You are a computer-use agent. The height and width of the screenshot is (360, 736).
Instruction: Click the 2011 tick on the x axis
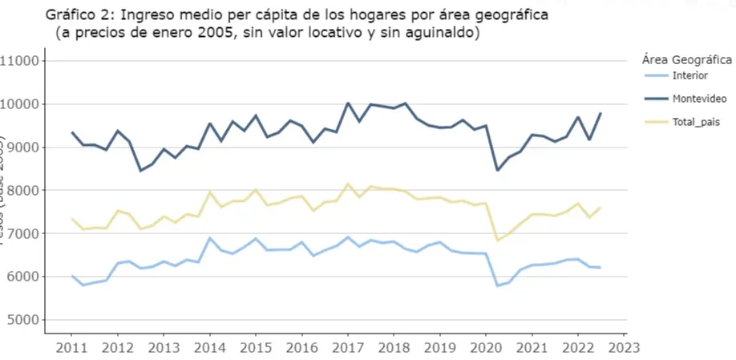click(x=71, y=347)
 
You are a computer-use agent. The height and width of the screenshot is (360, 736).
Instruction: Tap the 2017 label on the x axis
click(x=348, y=347)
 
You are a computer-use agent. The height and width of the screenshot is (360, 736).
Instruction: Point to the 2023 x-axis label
click(x=625, y=347)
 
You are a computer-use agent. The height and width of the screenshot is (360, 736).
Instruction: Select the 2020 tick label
click(x=486, y=347)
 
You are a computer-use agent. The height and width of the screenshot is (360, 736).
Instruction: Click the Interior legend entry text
click(x=690, y=75)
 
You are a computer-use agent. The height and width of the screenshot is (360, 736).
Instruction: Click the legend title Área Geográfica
click(x=686, y=59)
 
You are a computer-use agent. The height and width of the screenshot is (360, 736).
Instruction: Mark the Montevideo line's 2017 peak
click(x=348, y=103)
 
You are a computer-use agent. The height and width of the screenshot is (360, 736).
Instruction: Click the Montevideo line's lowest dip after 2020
click(x=498, y=170)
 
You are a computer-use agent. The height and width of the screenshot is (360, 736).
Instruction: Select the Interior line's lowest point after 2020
click(x=498, y=285)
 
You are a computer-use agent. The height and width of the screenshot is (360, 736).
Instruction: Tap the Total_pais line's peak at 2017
click(x=348, y=184)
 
